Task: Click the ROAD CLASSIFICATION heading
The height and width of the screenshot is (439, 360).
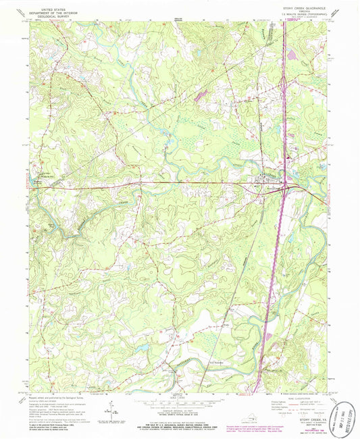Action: [x=295, y=397]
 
